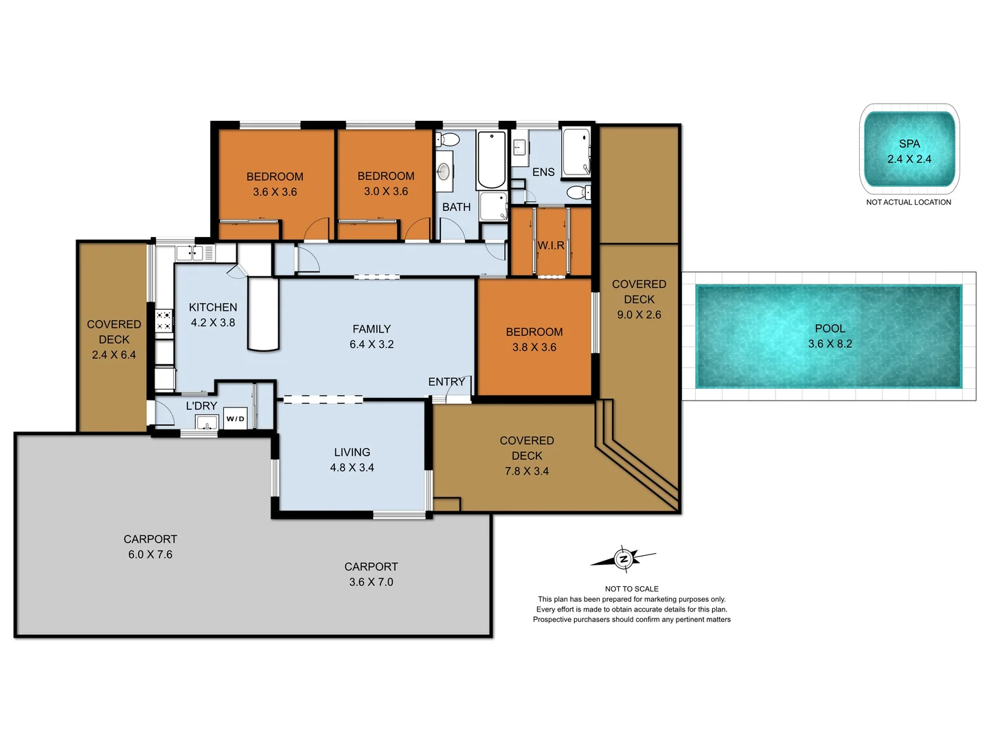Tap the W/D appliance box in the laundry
(235, 418)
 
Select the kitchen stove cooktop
(163, 321)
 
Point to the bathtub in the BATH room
(491, 161)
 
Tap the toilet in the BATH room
(448, 140)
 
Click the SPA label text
(909, 144)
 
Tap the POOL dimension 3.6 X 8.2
(830, 344)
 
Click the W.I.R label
(551, 245)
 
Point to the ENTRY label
(446, 381)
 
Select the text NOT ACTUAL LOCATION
(909, 202)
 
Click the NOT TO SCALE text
(631, 589)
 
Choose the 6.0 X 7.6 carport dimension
(150, 554)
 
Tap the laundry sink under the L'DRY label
(207, 423)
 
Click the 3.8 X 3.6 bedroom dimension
(534, 347)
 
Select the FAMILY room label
(372, 329)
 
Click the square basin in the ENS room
(520, 148)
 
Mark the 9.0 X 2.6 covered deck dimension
(639, 315)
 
